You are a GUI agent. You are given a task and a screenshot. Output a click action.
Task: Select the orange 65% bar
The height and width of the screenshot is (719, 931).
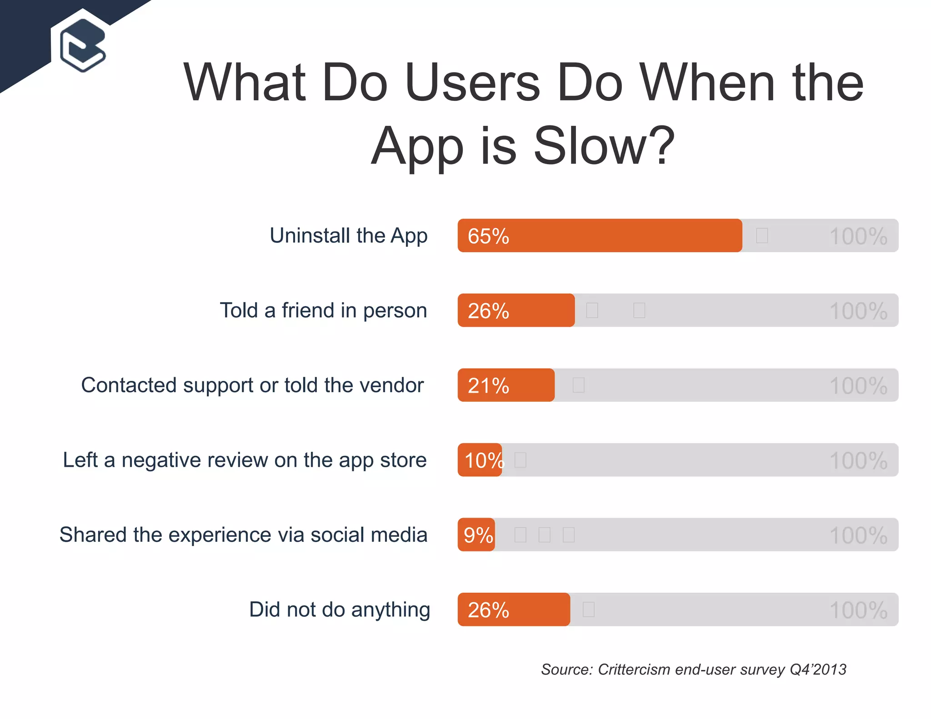coord(600,235)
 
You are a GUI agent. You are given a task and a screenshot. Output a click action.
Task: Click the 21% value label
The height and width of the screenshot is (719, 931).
coord(488,385)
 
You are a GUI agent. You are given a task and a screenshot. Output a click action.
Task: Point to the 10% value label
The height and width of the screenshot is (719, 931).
coord(484,460)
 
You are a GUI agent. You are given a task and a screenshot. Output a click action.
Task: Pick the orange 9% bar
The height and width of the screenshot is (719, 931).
coord(476,534)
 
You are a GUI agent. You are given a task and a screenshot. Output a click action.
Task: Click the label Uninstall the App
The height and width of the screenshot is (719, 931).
coord(348,235)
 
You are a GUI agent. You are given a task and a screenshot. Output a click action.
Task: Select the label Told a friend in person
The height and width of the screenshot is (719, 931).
coord(323,310)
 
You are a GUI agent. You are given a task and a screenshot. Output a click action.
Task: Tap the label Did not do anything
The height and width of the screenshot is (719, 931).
coord(339,609)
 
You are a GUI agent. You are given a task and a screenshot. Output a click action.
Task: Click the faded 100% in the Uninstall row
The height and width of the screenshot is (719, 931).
coord(858,236)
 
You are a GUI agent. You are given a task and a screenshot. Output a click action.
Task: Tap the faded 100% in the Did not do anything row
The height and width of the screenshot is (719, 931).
coord(858,610)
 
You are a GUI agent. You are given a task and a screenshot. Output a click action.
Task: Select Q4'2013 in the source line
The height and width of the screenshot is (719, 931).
coord(818,669)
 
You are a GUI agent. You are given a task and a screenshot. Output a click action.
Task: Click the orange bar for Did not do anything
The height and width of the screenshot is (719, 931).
coord(514,609)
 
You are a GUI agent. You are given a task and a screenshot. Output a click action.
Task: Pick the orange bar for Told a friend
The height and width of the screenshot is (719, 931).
coord(516,310)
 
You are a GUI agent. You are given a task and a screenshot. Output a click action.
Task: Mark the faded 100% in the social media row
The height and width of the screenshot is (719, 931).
coord(858,535)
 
